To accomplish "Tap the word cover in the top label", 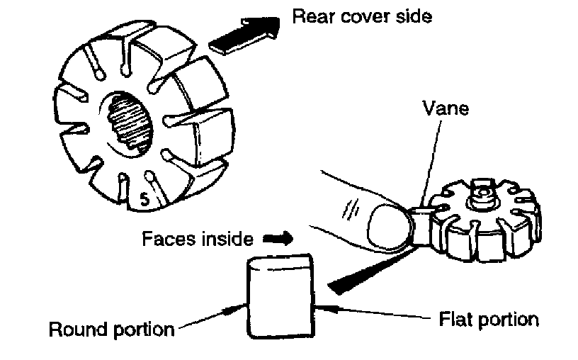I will coord(366,16).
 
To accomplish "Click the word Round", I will coord(76,330).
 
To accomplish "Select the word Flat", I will coord(448,318).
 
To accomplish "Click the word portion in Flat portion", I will coord(504,319).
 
